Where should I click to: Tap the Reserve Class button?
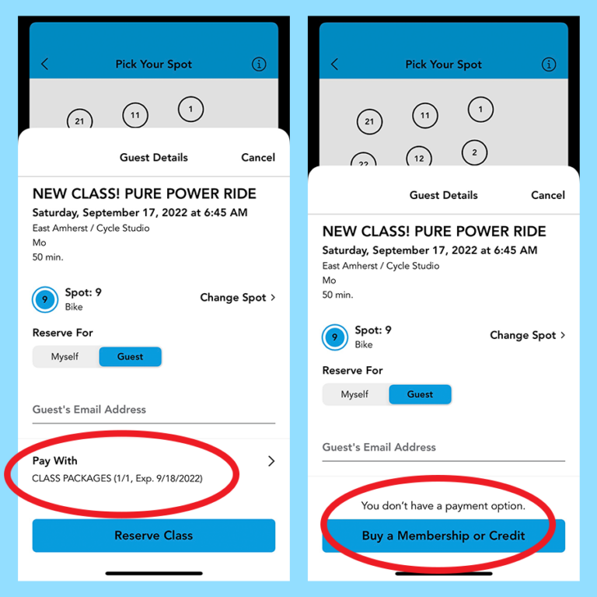tap(153, 536)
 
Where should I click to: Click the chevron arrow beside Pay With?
tap(271, 461)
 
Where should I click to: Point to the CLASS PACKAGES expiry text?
tap(117, 478)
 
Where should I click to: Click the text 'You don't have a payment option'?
tap(443, 505)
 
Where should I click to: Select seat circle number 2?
tap(474, 152)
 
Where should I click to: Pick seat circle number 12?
tap(419, 157)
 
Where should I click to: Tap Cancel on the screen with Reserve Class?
tap(258, 157)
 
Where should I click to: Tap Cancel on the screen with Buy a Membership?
tap(548, 195)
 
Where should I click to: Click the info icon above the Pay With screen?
tap(259, 64)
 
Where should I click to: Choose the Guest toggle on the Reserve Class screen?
tap(131, 357)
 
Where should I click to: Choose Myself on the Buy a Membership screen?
tap(354, 394)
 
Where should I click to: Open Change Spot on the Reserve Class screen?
tap(238, 298)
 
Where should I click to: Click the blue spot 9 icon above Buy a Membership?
tap(335, 337)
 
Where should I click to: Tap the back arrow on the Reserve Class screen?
tap(45, 64)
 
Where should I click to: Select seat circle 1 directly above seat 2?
tap(480, 110)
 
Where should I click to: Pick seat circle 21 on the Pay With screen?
tap(79, 120)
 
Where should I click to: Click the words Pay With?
tap(55, 461)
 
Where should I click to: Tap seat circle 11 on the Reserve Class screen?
tap(135, 115)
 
